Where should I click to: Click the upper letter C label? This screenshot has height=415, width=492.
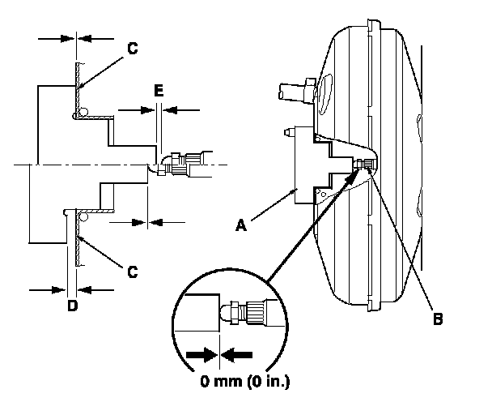click(x=133, y=49)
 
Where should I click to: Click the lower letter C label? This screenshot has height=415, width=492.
click(x=133, y=272)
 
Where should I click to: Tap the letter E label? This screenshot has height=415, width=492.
click(x=159, y=91)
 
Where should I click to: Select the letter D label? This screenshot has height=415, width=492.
click(x=73, y=306)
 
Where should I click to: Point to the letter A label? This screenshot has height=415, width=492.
click(x=241, y=225)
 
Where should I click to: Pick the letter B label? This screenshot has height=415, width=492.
click(x=438, y=319)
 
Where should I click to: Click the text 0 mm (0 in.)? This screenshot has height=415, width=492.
click(x=245, y=381)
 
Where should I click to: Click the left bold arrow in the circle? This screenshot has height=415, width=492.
click(x=202, y=355)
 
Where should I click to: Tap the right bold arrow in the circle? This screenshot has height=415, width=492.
click(x=236, y=355)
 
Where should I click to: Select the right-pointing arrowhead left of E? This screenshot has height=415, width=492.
click(x=147, y=110)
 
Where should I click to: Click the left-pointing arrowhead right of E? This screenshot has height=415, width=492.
click(x=170, y=110)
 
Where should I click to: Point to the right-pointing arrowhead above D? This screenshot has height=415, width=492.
click(x=59, y=290)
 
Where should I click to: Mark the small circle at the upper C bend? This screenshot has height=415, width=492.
click(x=84, y=112)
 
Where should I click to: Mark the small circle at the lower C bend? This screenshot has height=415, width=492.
click(x=83, y=216)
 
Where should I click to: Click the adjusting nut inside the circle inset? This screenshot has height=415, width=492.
click(x=235, y=313)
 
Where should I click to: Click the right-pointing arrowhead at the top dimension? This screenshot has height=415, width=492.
click(x=67, y=39)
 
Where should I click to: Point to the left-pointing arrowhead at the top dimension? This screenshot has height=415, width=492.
click(x=85, y=39)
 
